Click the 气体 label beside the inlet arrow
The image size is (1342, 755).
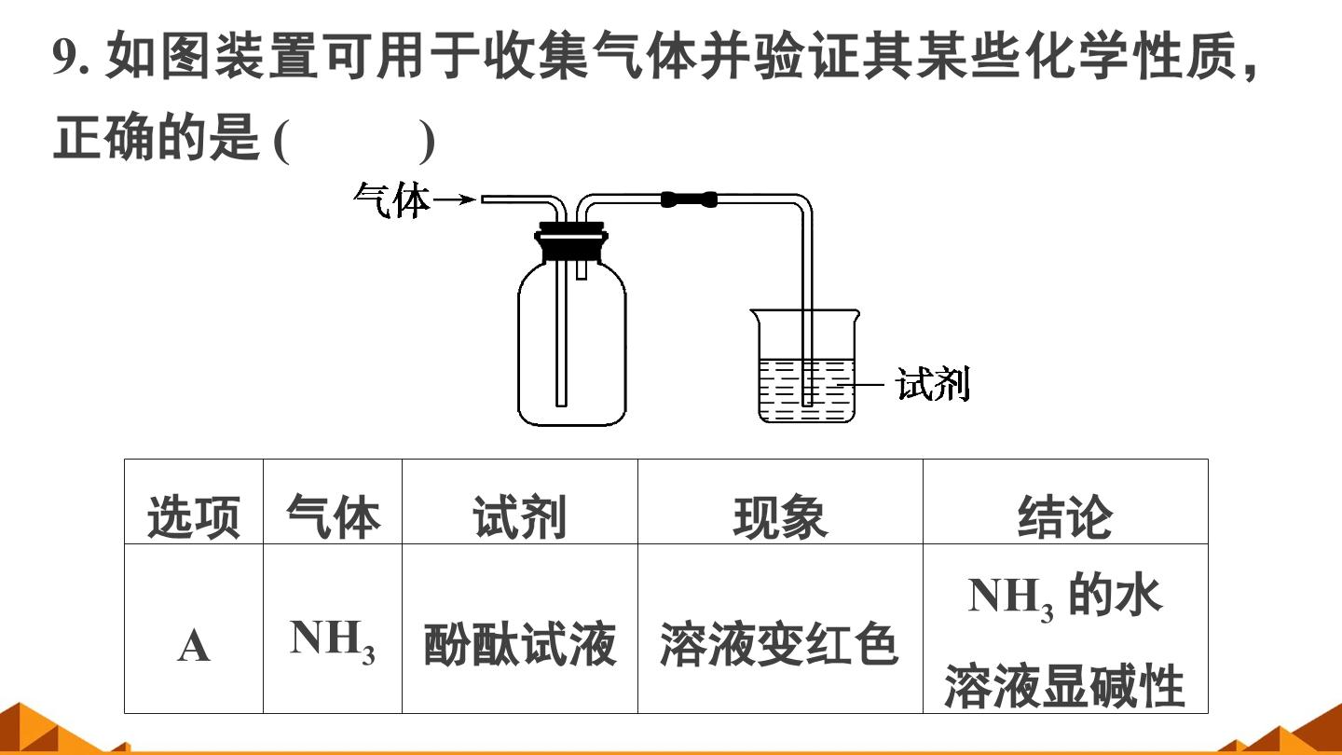[391, 200]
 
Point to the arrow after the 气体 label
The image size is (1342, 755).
[454, 199]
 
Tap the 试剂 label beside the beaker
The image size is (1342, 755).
[932, 383]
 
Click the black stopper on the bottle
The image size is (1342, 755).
[571, 242]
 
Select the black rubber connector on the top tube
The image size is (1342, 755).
[689, 199]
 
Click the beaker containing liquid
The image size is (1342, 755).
[805, 366]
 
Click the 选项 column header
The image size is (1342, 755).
[194, 517]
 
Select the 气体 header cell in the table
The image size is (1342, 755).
[333, 516]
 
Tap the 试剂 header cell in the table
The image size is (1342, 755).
[519, 516]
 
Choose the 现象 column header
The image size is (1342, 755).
[780, 516]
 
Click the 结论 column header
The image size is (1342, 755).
[1064, 516]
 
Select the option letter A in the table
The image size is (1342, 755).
[194, 647]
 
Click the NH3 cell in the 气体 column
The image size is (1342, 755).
[333, 641]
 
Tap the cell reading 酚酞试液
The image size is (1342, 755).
[519, 645]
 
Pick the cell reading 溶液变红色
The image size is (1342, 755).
[779, 645]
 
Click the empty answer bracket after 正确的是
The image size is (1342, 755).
[353, 142]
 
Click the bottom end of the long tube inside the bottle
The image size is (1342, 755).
[561, 405]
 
